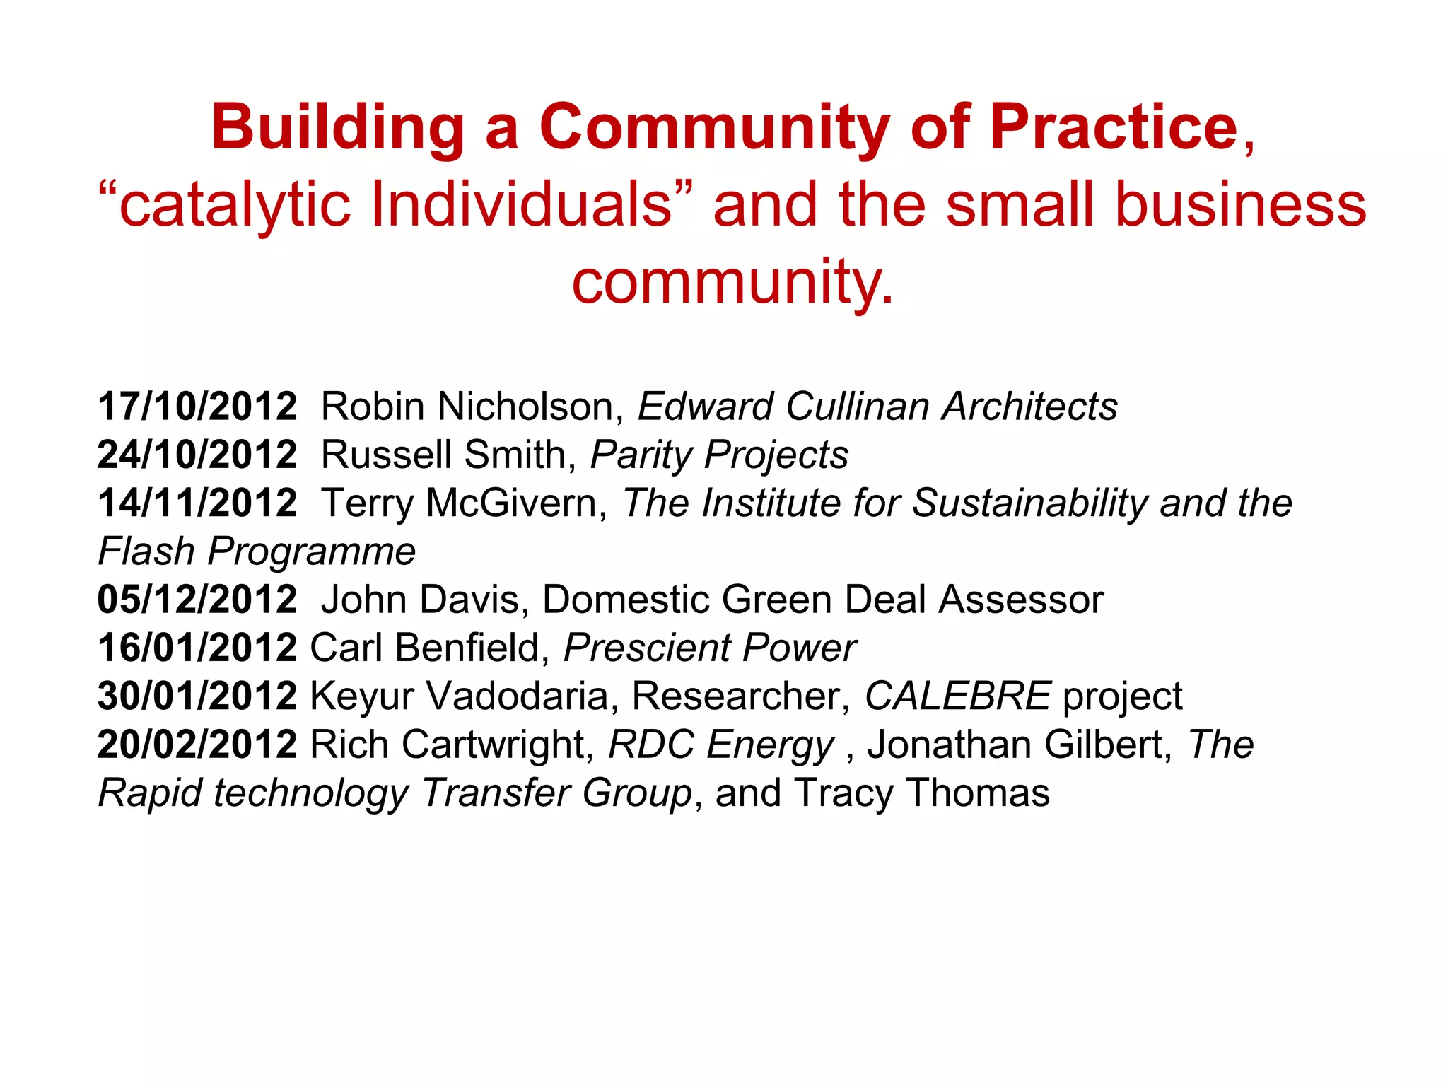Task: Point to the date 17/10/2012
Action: tap(197, 407)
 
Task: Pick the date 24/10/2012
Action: tap(197, 455)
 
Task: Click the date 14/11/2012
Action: tap(197, 503)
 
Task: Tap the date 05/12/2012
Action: tap(197, 600)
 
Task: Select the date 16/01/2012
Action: tap(197, 648)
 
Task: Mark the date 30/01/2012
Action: tap(197, 696)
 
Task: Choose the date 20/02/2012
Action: tap(197, 745)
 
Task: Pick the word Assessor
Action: tap(1020, 600)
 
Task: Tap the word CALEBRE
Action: tap(958, 696)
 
